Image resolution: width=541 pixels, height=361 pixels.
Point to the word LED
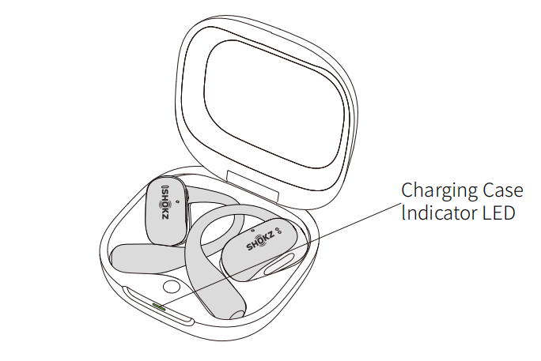click(498, 212)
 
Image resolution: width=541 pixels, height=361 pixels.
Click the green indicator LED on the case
click(159, 306)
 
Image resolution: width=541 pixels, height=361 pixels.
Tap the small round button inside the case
click(171, 286)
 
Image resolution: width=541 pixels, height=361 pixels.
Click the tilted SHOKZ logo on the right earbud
click(260, 241)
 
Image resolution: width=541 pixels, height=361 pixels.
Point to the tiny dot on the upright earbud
click(177, 201)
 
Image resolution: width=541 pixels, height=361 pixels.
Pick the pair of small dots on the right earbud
click(278, 230)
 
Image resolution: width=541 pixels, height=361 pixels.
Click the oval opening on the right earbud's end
click(279, 264)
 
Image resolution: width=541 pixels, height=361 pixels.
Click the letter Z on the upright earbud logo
click(165, 215)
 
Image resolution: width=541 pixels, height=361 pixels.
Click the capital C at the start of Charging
click(408, 190)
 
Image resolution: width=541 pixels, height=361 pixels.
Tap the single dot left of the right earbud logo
click(254, 231)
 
